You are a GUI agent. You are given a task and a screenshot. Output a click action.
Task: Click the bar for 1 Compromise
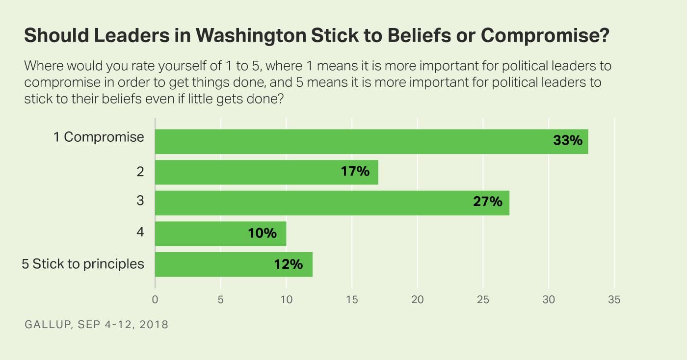click(343, 141)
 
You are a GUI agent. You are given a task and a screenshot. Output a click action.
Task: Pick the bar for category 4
click(206, 233)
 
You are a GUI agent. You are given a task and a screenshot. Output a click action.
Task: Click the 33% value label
click(567, 141)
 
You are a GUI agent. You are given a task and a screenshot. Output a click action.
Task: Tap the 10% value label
click(262, 233)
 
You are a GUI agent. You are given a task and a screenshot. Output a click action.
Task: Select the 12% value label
click(289, 264)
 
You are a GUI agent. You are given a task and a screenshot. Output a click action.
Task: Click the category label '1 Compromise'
click(99, 137)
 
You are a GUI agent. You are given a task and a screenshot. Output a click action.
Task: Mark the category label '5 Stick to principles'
click(83, 264)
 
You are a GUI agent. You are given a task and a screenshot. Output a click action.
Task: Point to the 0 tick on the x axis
click(155, 300)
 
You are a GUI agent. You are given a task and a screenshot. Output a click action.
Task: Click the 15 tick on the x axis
click(352, 300)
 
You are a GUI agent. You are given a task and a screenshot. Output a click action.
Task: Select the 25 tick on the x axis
click(483, 300)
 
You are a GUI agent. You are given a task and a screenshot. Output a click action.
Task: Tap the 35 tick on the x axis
click(614, 300)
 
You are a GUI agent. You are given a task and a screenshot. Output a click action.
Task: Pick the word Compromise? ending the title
click(545, 37)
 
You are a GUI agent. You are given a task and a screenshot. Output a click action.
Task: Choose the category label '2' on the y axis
click(140, 172)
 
